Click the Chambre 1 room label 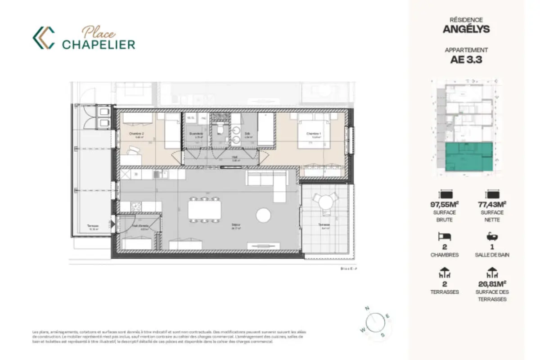[314, 134]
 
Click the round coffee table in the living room [263, 215]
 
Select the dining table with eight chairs [204, 210]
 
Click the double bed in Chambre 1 [314, 130]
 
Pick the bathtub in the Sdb [265, 129]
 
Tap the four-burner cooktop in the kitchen [135, 207]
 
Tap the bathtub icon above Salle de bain [491, 236]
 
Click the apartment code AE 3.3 [466, 59]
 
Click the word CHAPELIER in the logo [99, 44]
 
